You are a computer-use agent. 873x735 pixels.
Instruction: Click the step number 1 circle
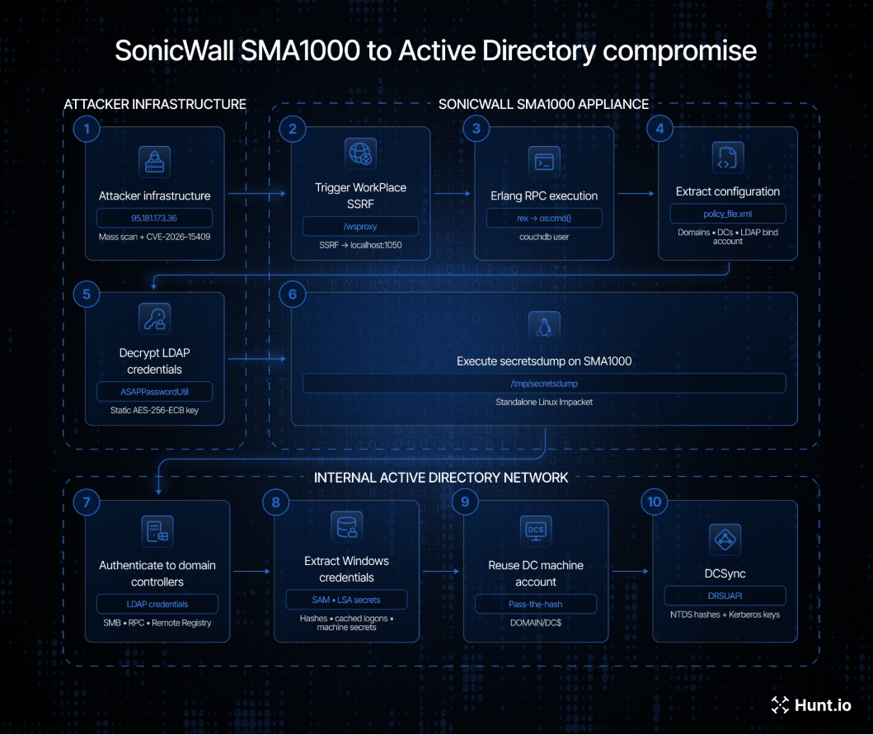87,130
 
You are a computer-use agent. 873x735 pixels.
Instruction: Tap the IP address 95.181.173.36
154,218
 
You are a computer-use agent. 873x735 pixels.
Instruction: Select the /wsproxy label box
360,226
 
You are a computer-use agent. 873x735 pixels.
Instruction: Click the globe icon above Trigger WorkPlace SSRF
360,153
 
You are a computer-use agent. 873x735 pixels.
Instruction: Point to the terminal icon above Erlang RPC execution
544,162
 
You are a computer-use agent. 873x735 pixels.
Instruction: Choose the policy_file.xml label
728,214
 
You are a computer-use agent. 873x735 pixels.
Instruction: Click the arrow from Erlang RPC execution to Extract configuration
636,194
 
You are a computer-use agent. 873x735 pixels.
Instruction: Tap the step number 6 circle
293,294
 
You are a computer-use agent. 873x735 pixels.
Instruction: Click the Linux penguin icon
544,326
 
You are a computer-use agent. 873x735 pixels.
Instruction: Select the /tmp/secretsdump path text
544,384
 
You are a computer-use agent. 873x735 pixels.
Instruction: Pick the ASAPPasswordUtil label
154,392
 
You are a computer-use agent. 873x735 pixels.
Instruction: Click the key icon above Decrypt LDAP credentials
154,318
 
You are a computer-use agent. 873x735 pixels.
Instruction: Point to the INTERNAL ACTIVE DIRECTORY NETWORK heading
441,478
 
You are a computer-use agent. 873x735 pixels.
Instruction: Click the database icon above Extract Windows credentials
346,526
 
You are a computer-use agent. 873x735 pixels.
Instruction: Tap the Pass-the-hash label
536,604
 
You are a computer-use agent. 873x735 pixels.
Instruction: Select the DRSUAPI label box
725,596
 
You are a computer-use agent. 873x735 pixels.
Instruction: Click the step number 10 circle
655,502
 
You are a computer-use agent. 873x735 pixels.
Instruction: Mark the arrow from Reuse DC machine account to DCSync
631,571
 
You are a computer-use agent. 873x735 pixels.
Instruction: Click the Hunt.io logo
811,705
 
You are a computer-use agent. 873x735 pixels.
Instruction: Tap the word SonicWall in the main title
174,50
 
